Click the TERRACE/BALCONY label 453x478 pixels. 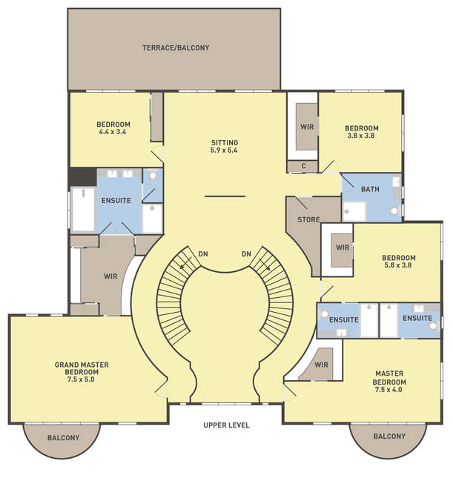(176, 48)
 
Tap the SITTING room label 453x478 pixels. (225, 143)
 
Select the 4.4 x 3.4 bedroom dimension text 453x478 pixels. (113, 132)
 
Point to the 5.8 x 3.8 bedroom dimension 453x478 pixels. (398, 265)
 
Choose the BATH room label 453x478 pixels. (370, 189)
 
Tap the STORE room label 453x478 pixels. (308, 219)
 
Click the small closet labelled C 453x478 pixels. (303, 166)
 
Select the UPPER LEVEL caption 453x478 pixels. (226, 425)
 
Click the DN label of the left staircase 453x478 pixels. (203, 253)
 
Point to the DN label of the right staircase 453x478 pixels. (246, 253)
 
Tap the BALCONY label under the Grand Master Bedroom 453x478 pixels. (63, 438)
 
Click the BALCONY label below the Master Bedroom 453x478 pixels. (389, 436)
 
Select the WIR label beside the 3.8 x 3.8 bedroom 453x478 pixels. (307, 127)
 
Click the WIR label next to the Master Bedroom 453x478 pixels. (321, 365)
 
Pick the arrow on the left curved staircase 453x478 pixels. (185, 263)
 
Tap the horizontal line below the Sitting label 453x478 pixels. (225, 196)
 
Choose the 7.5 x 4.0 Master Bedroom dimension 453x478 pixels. (388, 390)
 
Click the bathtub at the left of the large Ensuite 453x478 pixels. (83, 210)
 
